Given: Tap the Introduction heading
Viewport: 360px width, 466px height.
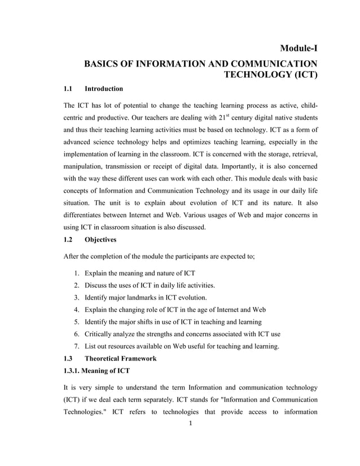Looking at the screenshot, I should point(103,89).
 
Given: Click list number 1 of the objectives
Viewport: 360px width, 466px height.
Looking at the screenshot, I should point(77,273).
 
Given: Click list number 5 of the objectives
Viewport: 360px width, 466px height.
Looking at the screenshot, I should point(77,322).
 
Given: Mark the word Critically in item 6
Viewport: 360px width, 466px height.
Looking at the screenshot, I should point(99,334).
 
